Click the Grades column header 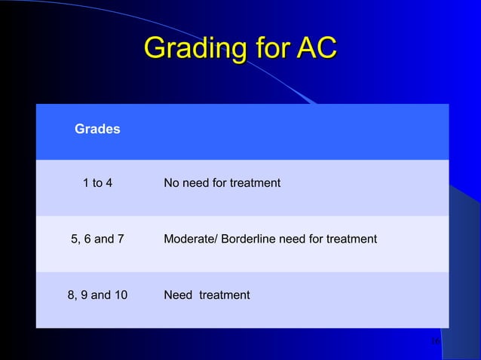(97, 130)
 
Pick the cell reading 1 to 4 (97, 183)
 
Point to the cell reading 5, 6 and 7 (97, 239)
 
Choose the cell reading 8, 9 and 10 (97, 295)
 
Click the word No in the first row (172, 183)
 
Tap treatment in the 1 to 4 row (253, 183)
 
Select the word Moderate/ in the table (191, 239)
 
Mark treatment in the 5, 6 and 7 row (350, 239)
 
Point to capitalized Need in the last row (178, 295)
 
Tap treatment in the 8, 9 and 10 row (224, 295)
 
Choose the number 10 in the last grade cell (120, 295)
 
